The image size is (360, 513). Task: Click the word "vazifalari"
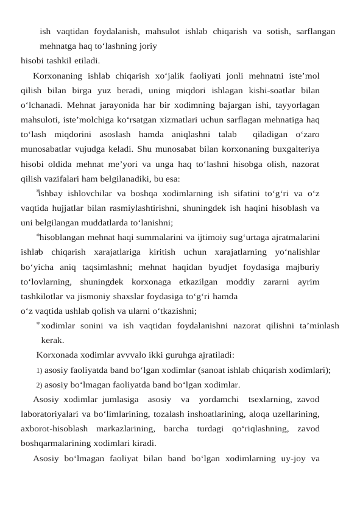pyautogui.click(x=71, y=179)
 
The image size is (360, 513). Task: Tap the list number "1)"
pyautogui.click(x=39, y=370)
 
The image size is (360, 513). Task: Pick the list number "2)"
pyautogui.click(x=39, y=384)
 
